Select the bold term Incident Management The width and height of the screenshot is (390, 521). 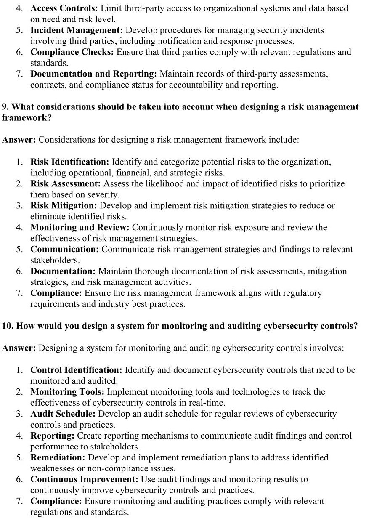pyautogui.click(x=77, y=30)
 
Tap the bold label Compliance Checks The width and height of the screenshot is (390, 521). pyautogui.click(x=72, y=52)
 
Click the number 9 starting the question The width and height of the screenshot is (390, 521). pyautogui.click(x=4, y=106)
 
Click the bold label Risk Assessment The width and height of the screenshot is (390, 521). pyautogui.click(x=66, y=183)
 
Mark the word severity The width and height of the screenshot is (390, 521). pyautogui.click(x=103, y=194)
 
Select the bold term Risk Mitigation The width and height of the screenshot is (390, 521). pyautogui.click(x=64, y=205)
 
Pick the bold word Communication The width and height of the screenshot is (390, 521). pyautogui.click(x=64, y=249)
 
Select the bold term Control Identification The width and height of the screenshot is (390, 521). pyautogui.click(x=76, y=370)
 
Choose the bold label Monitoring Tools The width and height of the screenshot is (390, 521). pyautogui.click(x=67, y=392)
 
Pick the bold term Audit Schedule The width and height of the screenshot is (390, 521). pyautogui.click(x=63, y=414)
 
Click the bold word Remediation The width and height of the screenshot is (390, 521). pyautogui.click(x=58, y=457)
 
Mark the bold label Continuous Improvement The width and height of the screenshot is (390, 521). pyautogui.click(x=84, y=479)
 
